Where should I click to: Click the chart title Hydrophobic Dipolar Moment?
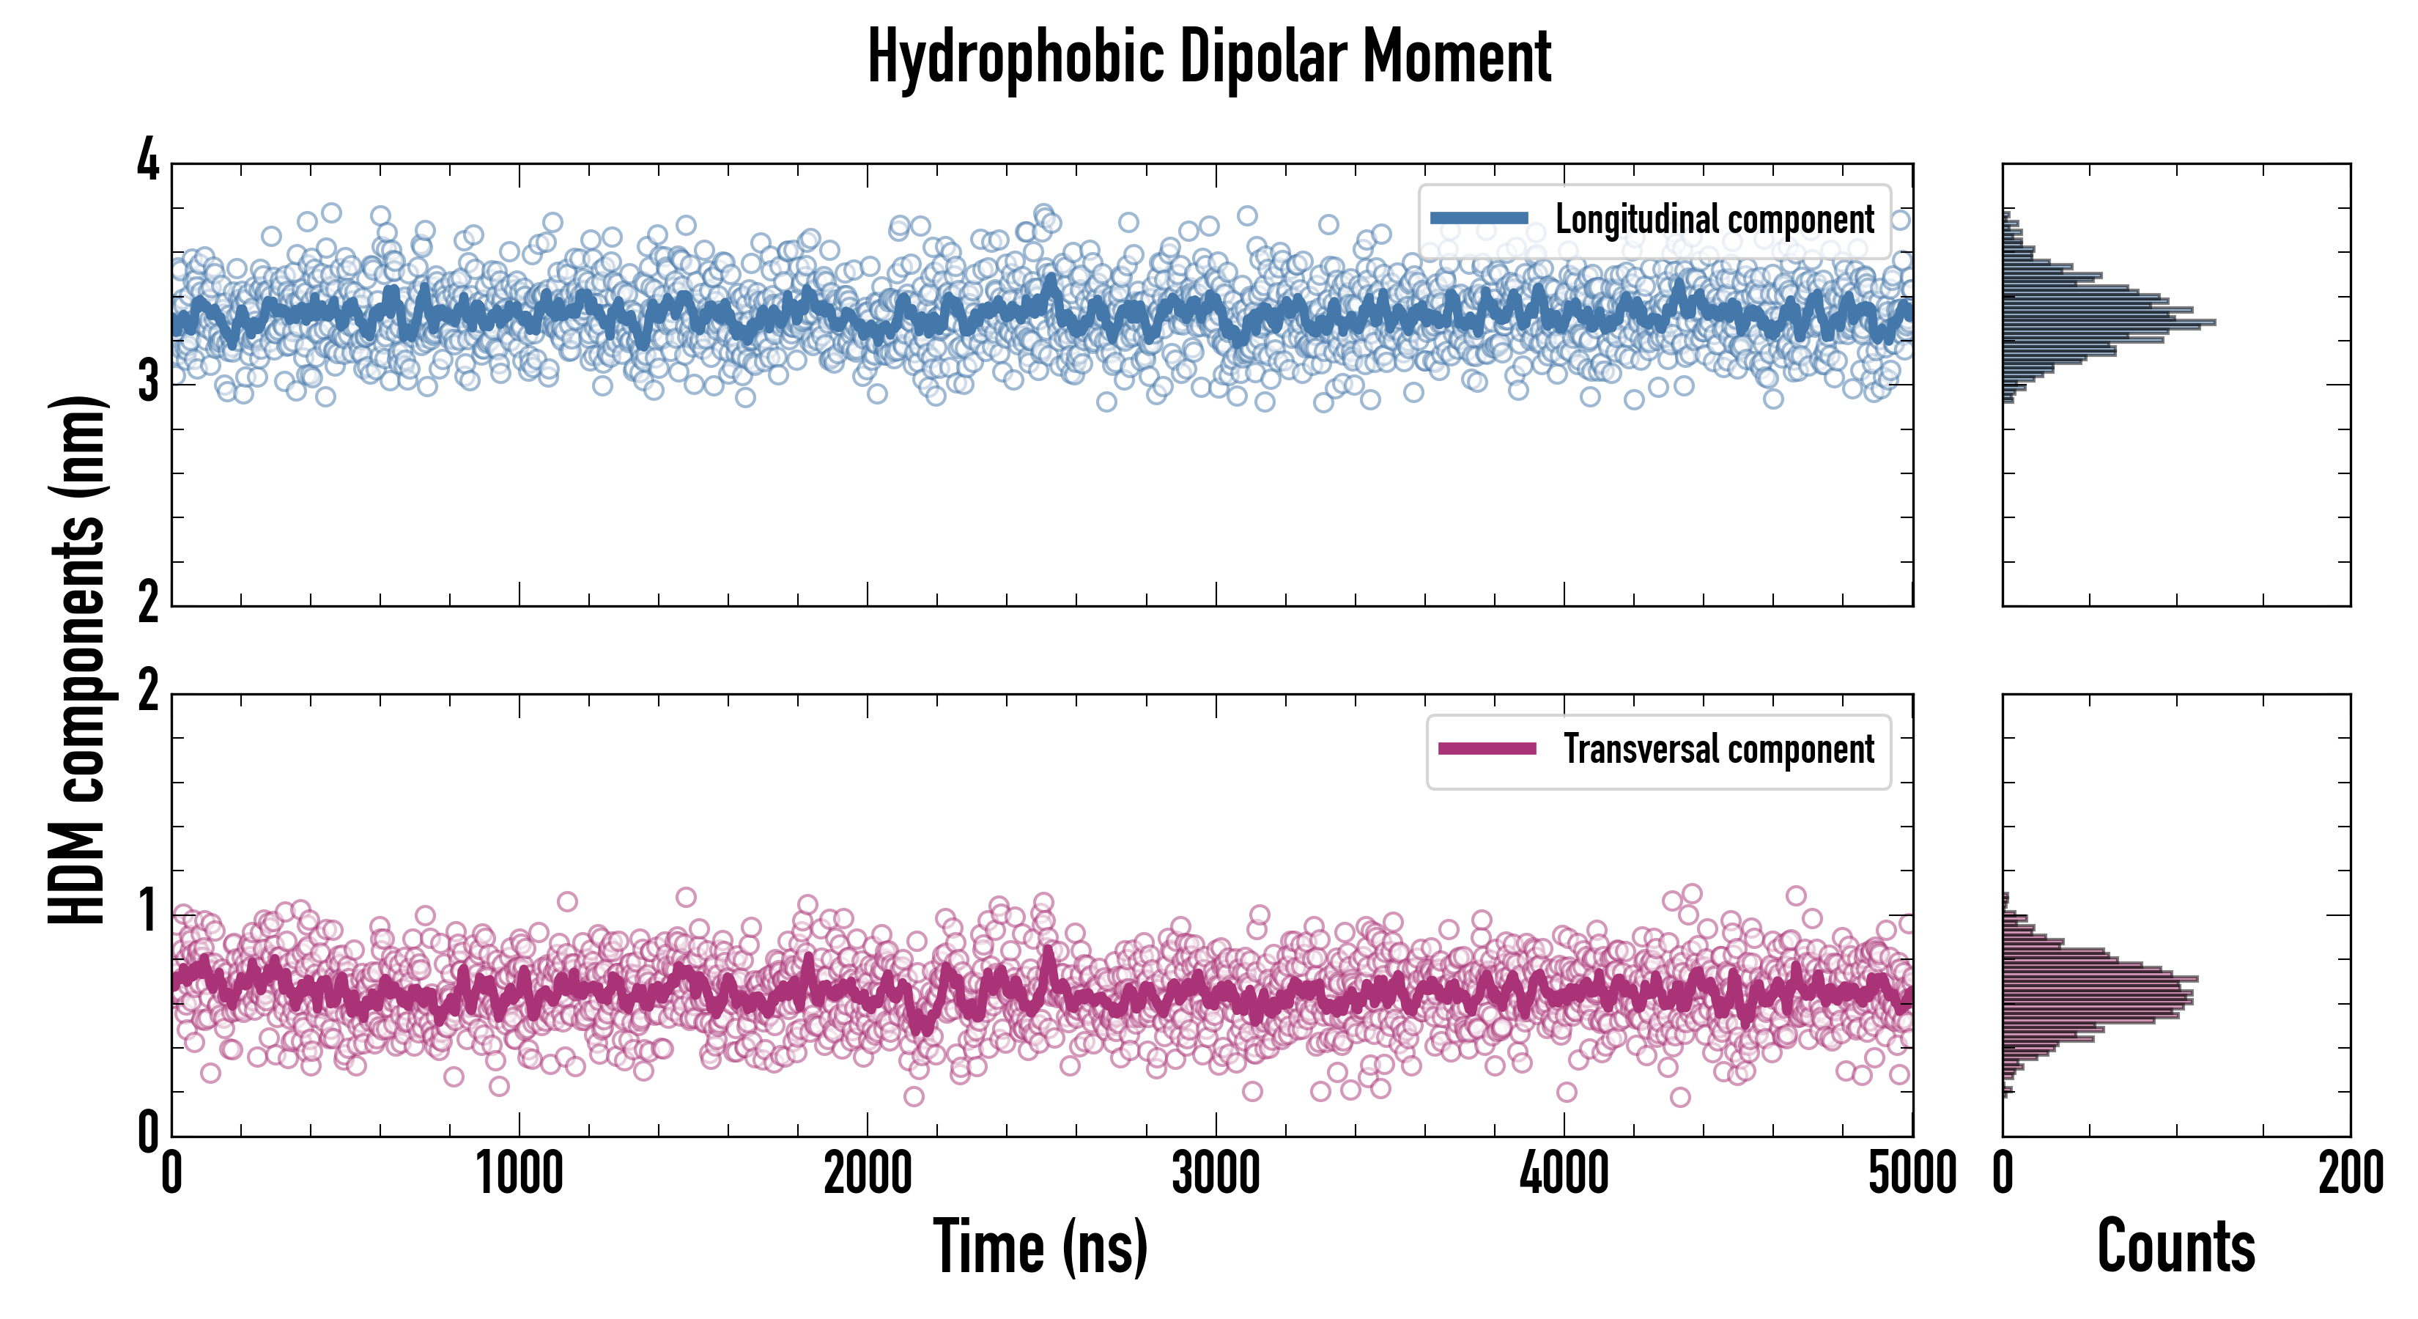(1209, 58)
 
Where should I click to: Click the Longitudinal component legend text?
(1714, 220)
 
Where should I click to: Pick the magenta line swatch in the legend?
(1487, 749)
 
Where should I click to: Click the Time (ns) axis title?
(1040, 1246)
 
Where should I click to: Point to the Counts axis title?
(2175, 1246)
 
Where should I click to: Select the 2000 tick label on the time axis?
(868, 1173)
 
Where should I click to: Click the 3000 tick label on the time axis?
(1216, 1173)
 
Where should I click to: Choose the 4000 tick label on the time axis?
(1564, 1173)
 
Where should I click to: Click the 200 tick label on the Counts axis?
(2351, 1173)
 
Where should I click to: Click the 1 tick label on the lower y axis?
(148, 912)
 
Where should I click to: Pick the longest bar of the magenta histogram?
(2100, 979)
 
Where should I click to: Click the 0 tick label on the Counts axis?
(2003, 1173)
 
